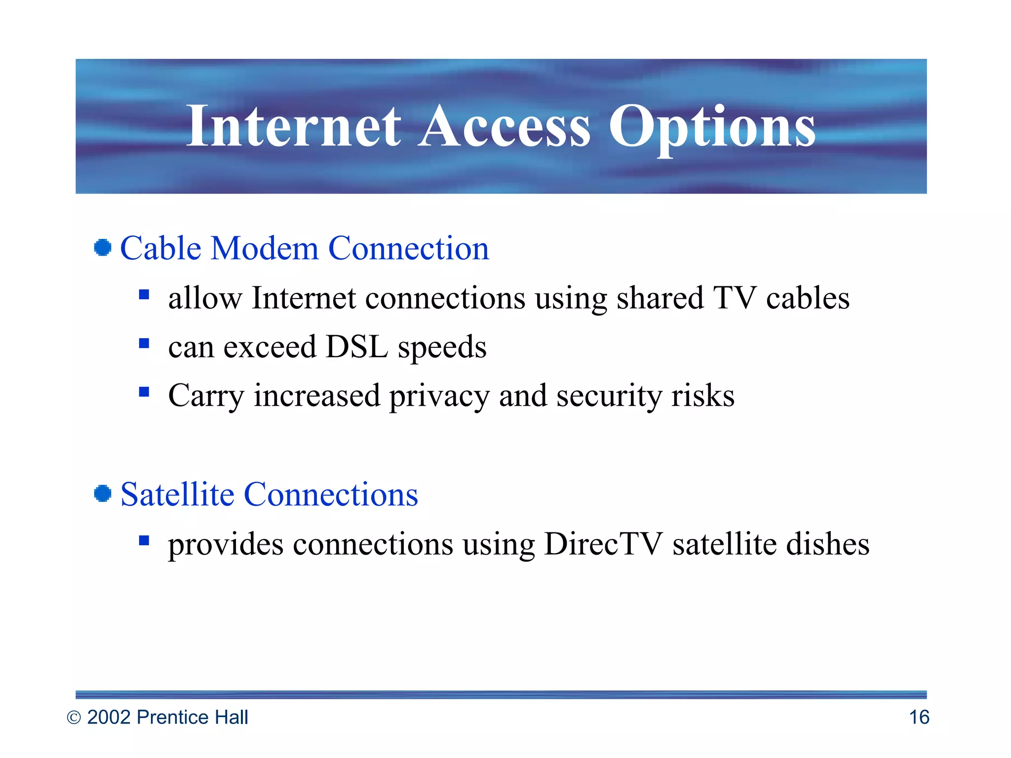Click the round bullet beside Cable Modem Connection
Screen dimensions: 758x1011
pos(103,248)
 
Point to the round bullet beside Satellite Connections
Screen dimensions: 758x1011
pos(103,493)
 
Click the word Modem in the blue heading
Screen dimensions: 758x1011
pos(265,248)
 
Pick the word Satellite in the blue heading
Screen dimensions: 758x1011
pos(177,494)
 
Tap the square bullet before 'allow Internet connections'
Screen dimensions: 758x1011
pos(144,295)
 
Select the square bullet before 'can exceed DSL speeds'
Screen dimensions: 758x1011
pos(144,343)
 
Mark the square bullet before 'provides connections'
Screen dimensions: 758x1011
pos(144,541)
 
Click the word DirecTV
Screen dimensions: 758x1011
pos(603,544)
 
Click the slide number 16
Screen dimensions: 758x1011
pos(919,717)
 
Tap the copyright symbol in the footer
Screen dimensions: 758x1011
pos(74,718)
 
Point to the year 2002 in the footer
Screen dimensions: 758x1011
pos(109,717)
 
